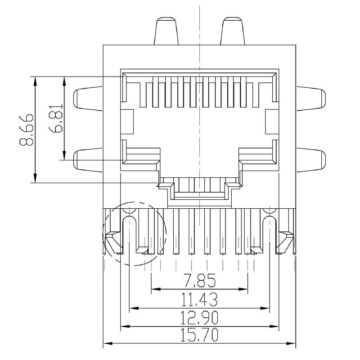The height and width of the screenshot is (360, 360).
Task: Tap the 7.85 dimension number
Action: pos(199,281)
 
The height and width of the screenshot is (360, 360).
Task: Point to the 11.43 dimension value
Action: pos(199,299)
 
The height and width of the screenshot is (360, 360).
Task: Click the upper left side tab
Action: pos(88,98)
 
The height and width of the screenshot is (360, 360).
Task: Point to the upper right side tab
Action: pos(310,98)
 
